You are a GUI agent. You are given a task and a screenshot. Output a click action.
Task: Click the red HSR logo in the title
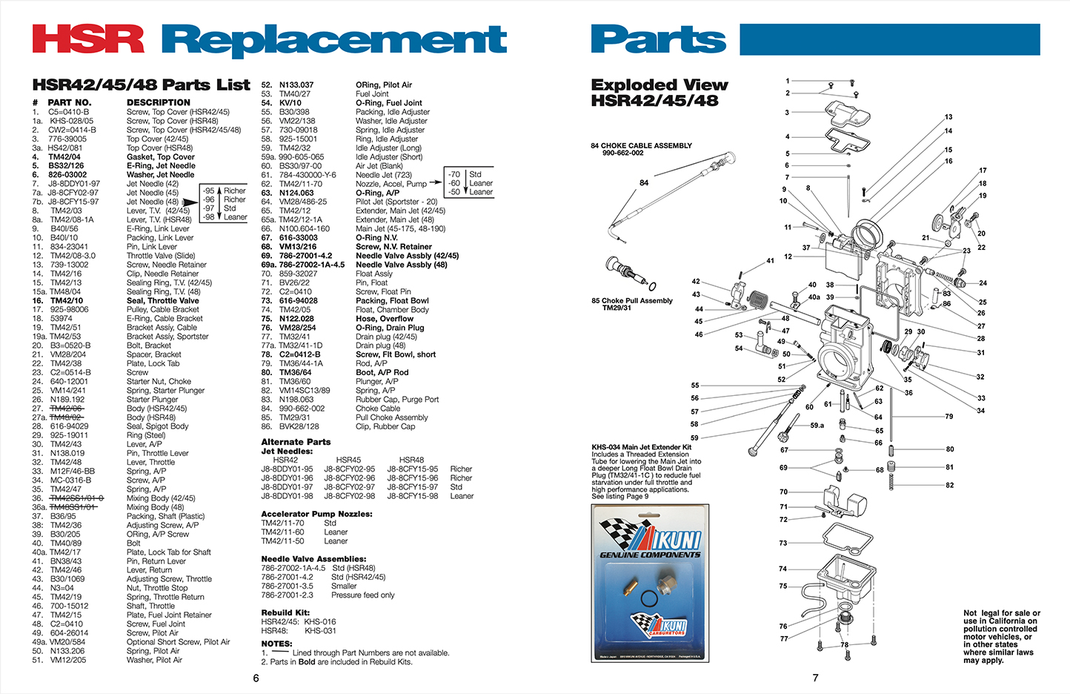click(87, 39)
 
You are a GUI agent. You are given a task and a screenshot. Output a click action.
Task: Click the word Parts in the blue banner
click(658, 40)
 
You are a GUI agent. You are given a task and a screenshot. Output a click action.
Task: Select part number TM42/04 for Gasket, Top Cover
click(65, 157)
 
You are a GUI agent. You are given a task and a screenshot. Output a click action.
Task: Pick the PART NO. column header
click(70, 103)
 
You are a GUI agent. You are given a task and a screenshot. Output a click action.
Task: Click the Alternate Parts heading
click(296, 442)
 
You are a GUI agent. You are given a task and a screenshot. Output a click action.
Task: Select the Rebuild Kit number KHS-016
click(319, 622)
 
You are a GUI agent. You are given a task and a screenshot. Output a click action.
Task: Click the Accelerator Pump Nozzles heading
click(316, 514)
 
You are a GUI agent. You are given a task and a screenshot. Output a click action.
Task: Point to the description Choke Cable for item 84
click(378, 409)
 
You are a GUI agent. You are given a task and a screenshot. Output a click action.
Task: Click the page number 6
click(256, 678)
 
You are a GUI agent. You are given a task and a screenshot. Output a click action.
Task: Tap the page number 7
click(815, 678)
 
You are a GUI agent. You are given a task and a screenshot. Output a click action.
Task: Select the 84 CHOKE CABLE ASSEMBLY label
click(641, 146)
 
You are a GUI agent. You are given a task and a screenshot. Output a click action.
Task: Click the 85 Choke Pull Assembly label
click(632, 301)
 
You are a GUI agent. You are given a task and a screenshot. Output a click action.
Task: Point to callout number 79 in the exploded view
click(948, 417)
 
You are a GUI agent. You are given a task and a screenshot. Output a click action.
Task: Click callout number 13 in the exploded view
click(948, 117)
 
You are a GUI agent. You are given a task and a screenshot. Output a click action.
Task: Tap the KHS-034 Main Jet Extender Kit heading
click(641, 447)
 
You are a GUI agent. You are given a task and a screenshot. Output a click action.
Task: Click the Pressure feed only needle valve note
click(362, 595)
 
